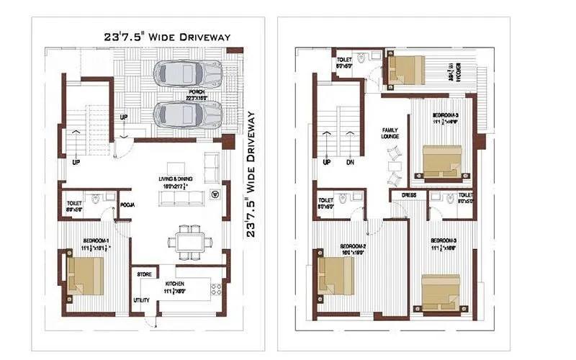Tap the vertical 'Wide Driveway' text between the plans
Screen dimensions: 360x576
click(251, 173)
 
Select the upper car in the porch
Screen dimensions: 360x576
click(189, 72)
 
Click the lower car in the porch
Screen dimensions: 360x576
click(189, 113)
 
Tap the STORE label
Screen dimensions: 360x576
click(143, 274)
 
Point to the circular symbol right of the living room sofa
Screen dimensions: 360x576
click(215, 194)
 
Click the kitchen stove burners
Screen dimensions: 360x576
click(214, 291)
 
